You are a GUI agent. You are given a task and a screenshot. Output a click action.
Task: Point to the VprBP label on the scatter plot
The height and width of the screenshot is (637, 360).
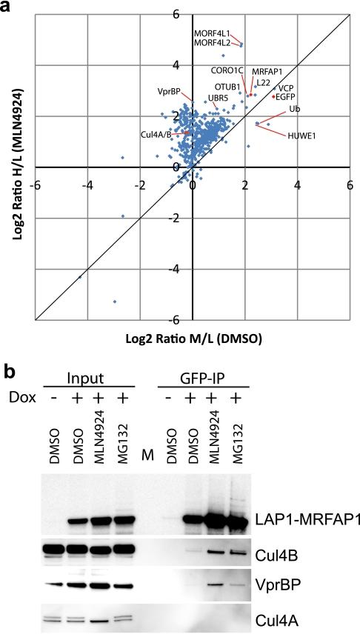coord(171,92)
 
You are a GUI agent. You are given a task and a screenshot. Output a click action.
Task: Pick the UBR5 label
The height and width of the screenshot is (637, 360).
coord(218,98)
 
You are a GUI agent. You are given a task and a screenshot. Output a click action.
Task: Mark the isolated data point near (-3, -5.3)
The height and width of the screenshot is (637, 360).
coord(114,301)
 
